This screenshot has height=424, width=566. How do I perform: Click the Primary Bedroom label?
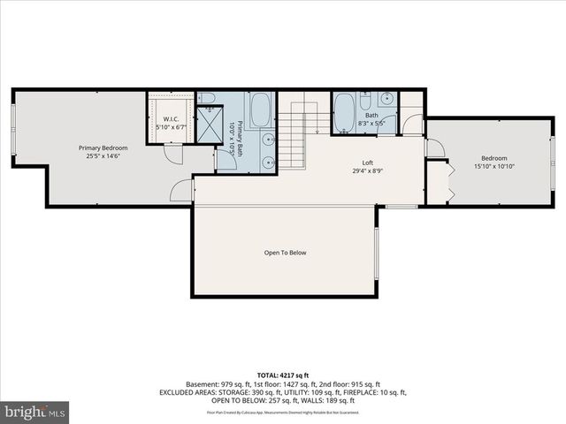point(103,148)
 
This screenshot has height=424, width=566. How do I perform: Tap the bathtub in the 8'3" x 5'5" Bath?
point(344,113)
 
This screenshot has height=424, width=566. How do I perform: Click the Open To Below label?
point(285,253)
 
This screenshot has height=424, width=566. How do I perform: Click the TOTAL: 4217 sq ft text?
point(282,376)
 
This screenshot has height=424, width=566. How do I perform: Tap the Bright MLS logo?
point(34,412)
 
